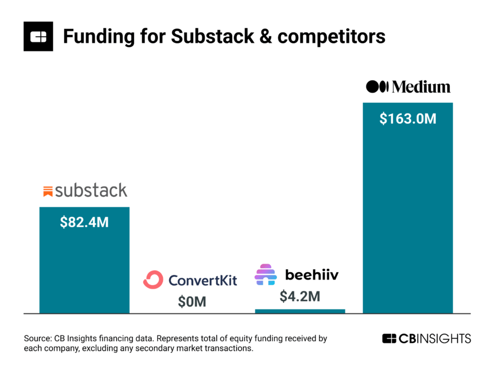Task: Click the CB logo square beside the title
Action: (38, 36)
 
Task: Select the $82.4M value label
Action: (84, 222)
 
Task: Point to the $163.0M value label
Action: (408, 119)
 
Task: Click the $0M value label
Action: (192, 302)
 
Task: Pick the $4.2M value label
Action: (299, 296)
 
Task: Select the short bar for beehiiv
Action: (300, 311)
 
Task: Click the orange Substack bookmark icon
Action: (48, 191)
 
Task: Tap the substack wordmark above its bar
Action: (91, 190)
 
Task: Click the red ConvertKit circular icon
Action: (153, 280)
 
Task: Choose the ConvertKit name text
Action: (203, 280)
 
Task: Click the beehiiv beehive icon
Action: (265, 274)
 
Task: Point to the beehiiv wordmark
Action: (312, 275)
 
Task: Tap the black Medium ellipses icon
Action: (377, 86)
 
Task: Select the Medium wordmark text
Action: (421, 86)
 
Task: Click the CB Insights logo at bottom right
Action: (426, 339)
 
